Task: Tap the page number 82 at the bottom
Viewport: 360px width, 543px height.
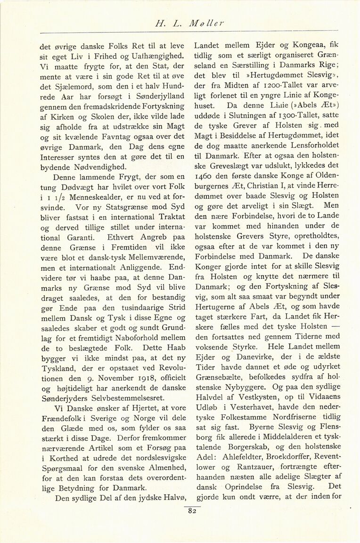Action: tap(192, 511)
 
